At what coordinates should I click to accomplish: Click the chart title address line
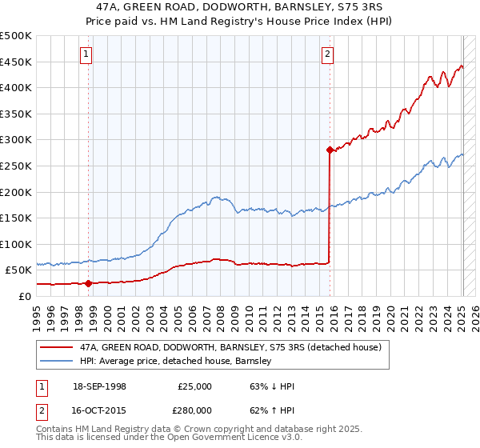pyautogui.click(x=240, y=6)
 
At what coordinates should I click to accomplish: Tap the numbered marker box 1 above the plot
pyautogui.click(x=86, y=54)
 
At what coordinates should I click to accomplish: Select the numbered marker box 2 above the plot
pyautogui.click(x=328, y=54)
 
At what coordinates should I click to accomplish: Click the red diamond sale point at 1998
pyautogui.click(x=88, y=282)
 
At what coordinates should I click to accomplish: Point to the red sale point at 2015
pyautogui.click(x=330, y=150)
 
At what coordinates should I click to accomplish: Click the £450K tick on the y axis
pyautogui.click(x=16, y=62)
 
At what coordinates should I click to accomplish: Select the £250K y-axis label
pyautogui.click(x=16, y=166)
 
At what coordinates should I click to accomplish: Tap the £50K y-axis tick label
pyautogui.click(x=19, y=270)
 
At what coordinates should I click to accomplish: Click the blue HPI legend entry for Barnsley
pyautogui.click(x=175, y=361)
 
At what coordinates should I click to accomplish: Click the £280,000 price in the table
pyautogui.click(x=194, y=410)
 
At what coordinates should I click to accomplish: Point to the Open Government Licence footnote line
pyautogui.click(x=170, y=438)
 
